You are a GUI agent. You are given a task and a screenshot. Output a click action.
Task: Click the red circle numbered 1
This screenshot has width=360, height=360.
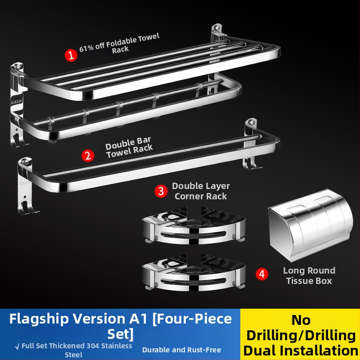[71, 55]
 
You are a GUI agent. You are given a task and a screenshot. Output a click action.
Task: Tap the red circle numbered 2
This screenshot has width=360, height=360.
[88, 156]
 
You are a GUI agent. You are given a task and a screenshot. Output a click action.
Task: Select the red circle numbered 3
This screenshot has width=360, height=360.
[161, 191]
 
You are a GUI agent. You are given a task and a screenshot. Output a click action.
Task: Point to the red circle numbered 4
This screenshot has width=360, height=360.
[262, 274]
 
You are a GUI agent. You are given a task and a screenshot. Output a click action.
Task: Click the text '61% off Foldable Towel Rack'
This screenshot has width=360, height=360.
[119, 44]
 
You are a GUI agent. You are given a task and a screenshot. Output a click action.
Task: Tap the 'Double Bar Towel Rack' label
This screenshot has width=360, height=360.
[129, 147]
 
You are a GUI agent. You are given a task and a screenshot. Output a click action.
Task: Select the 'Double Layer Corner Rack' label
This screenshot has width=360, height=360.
[201, 191]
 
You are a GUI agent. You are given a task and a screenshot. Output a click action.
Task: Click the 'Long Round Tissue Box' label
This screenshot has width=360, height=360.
[309, 275]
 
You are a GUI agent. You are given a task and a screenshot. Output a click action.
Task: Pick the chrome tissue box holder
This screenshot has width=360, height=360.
[310, 225]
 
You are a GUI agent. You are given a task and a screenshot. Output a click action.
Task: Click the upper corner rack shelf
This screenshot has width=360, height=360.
[194, 225]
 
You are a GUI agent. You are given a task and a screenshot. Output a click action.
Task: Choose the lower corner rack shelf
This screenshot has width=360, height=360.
[194, 272]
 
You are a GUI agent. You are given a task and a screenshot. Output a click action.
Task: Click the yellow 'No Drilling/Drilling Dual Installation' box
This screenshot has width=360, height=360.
[300, 334]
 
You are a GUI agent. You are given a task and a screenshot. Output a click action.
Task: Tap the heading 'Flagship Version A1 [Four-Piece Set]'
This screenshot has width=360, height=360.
[120, 326]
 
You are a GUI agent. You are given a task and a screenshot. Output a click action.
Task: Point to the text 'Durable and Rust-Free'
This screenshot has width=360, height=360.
[182, 350]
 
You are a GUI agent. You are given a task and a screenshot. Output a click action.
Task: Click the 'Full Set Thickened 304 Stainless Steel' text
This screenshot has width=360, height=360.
[73, 350]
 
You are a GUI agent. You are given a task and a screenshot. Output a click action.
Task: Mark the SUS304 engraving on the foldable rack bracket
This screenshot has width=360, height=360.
[17, 102]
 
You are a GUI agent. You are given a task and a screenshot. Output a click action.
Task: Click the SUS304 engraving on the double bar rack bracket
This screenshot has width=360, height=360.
[24, 183]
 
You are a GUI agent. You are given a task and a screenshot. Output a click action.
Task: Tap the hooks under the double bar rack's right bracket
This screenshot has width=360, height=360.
[252, 163]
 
